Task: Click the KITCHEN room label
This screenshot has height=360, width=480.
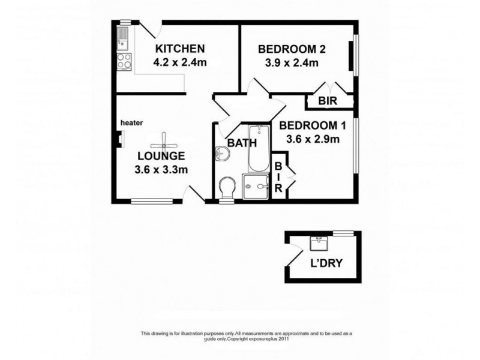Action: click(180, 49)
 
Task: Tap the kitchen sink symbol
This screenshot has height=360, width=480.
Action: click(124, 38)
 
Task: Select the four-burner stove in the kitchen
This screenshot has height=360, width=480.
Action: click(124, 60)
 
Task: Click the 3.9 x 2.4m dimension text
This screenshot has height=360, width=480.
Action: click(287, 62)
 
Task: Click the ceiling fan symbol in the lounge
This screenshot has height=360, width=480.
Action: click(163, 144)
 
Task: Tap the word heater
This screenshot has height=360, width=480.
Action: click(131, 122)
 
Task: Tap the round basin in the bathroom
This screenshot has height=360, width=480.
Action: click(221, 154)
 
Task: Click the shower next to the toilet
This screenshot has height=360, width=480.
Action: click(256, 187)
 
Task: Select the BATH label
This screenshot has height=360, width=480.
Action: click(242, 143)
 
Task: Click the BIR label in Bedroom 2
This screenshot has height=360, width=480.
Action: click(327, 102)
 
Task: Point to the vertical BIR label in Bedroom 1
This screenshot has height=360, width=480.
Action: click(278, 176)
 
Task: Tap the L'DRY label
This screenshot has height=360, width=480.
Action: click(326, 263)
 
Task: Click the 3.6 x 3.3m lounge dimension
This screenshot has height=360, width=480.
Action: click(161, 169)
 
